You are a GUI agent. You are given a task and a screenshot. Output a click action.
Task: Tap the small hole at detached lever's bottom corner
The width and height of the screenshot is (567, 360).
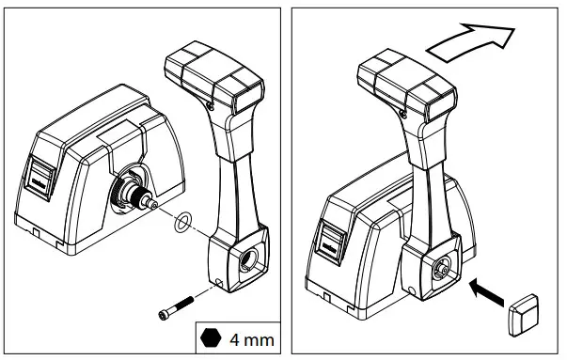pos(218,281)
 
